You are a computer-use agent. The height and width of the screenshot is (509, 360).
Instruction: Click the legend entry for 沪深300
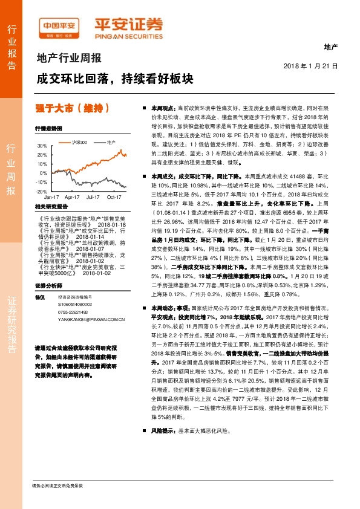80,142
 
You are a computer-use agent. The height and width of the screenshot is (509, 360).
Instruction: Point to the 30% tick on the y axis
42,146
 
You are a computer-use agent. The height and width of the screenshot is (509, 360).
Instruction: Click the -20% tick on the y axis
42,191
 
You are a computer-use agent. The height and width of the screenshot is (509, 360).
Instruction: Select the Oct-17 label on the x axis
115,197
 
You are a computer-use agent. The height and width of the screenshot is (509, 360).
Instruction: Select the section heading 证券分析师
48,285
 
